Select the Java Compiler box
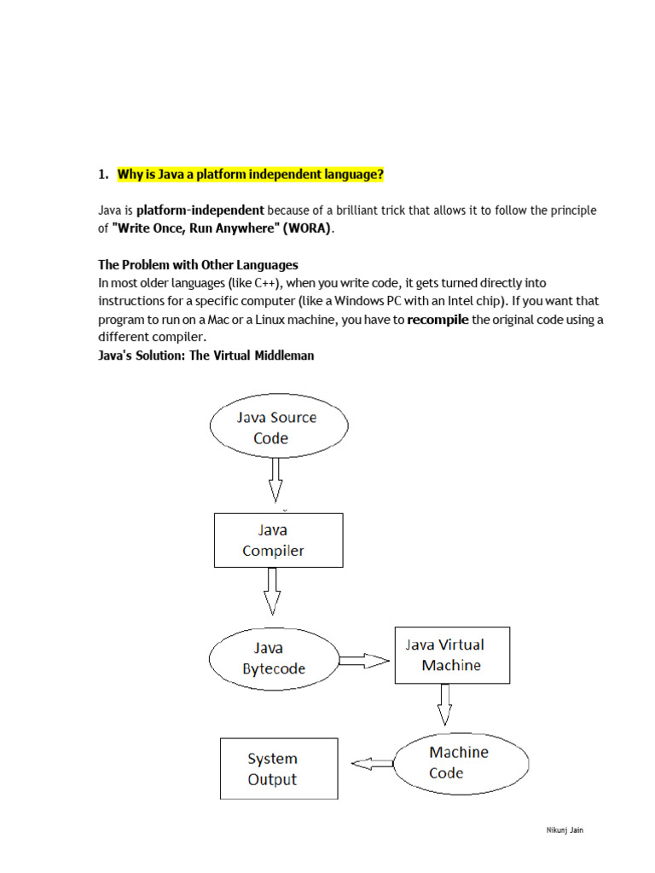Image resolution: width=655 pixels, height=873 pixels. click(278, 540)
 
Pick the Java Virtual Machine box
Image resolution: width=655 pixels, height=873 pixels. click(452, 655)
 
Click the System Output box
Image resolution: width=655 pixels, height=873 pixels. click(278, 768)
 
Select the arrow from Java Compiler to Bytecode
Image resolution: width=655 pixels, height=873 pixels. click(272, 590)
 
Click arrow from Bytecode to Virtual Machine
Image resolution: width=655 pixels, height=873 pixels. click(364, 660)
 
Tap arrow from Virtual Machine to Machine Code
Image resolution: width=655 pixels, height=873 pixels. click(444, 704)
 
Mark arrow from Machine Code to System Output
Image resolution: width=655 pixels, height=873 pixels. click(373, 764)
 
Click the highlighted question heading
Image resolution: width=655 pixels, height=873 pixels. click(250, 175)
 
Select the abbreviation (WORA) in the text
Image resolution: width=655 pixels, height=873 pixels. click(309, 228)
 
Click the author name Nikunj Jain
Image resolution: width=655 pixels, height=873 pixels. click(565, 830)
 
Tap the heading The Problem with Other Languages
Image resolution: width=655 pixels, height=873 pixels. click(198, 265)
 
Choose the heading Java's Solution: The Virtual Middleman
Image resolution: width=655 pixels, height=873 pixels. click(206, 356)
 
